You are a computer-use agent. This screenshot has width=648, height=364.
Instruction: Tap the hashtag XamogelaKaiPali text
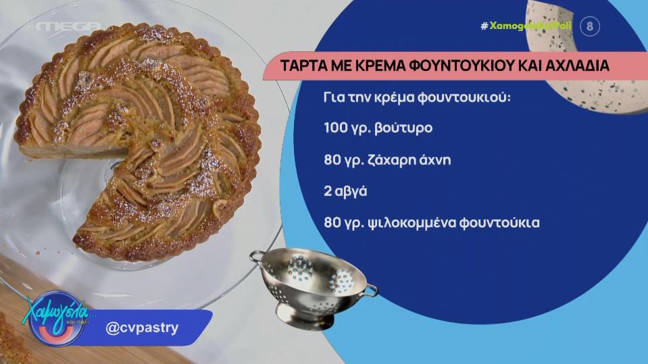(x=526, y=26)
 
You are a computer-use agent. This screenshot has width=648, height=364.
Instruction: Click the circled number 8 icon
(x=590, y=26)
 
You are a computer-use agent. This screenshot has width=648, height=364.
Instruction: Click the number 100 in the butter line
(x=336, y=128)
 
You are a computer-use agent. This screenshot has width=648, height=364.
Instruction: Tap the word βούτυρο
(x=403, y=128)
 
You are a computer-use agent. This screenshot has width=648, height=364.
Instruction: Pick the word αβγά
(x=350, y=192)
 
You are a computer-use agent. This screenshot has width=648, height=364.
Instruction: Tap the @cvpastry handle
(x=142, y=328)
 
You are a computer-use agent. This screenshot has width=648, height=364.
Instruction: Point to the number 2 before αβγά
(x=328, y=191)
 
